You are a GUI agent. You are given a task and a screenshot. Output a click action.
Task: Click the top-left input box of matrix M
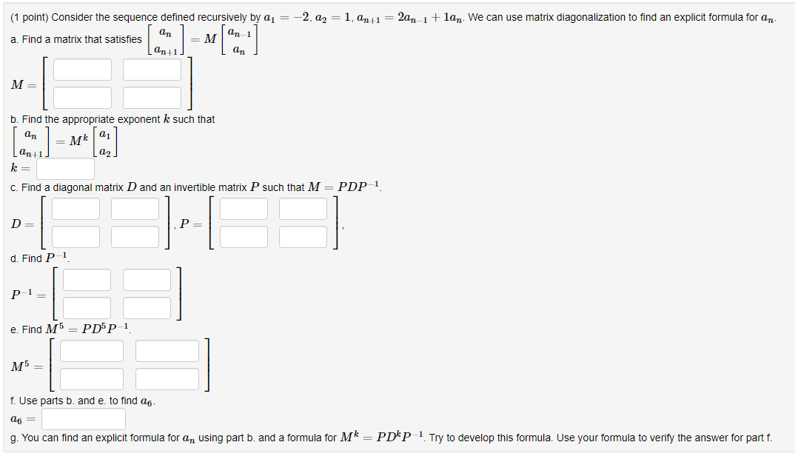82,70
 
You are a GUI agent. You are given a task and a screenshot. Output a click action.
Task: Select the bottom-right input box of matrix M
152,97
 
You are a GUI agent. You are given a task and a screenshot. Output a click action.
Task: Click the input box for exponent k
65,169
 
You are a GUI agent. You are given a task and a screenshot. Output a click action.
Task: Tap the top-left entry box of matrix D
76,209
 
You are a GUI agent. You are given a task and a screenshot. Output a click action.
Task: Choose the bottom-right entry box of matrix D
135,237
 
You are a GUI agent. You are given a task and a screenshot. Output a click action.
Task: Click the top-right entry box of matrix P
303,209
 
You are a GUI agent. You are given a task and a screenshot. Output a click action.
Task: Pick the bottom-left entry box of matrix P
244,237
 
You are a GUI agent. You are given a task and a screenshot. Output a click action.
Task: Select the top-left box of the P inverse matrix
87,280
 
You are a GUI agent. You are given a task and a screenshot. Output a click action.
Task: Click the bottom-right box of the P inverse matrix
147,307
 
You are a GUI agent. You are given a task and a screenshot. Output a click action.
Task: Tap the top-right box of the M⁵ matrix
167,351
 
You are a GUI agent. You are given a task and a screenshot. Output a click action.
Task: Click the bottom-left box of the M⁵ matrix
92,378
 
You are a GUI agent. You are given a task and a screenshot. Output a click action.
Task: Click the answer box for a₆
84,419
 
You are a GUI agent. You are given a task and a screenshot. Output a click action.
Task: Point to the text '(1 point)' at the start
30,17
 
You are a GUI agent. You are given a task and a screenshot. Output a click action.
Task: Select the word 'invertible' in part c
198,187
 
